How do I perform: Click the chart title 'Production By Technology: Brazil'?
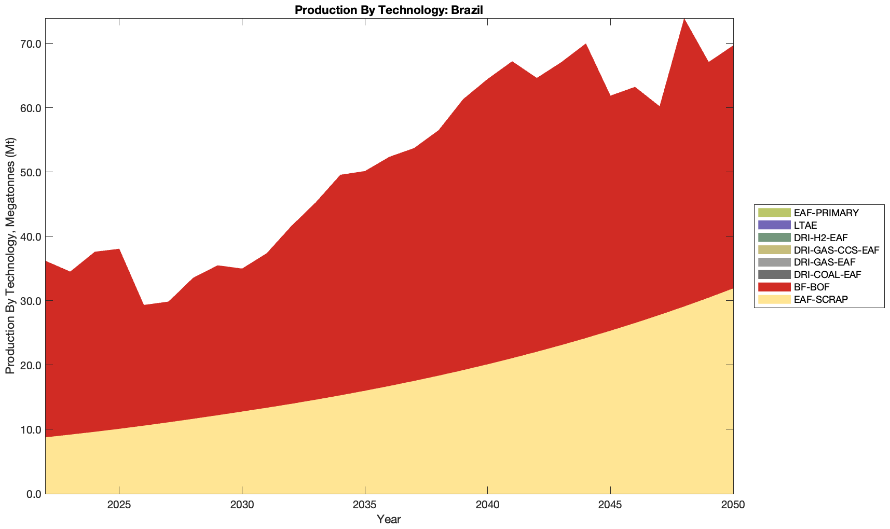point(389,9)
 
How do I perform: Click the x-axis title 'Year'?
point(389,519)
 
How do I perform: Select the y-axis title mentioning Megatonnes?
point(10,256)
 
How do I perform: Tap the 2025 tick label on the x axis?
point(119,506)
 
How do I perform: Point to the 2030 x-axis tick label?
point(242,506)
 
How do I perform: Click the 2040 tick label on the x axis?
point(487,506)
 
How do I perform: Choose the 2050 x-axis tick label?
point(733,506)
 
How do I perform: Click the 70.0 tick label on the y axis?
point(30,44)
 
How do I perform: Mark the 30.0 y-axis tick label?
point(30,301)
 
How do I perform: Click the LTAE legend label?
point(805,225)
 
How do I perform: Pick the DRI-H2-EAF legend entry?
point(820,238)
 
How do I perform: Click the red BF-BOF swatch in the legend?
point(774,287)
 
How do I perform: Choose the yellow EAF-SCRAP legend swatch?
point(774,299)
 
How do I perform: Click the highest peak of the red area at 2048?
point(684,19)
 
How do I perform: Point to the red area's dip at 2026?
point(144,305)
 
